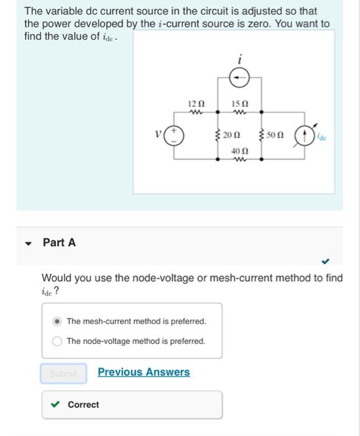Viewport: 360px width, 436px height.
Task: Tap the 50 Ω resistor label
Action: tap(277, 135)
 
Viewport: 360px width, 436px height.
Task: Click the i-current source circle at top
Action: tap(239, 78)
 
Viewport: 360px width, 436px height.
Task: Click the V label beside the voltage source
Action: tap(159, 132)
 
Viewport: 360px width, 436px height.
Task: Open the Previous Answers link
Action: tap(144, 372)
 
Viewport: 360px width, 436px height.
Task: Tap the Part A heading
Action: tap(59, 242)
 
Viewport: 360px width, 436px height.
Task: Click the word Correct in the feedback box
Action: tap(83, 405)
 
